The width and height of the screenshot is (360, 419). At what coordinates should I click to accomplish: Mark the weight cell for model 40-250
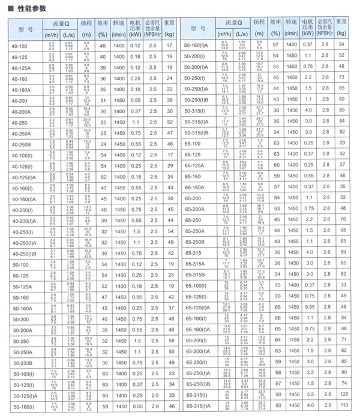(171, 122)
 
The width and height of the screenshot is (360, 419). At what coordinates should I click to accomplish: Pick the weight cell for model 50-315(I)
(341, 111)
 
